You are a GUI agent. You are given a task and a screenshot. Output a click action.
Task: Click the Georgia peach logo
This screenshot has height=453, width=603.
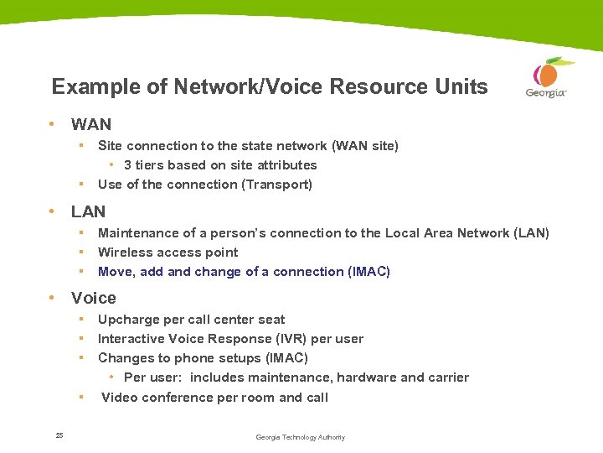pyautogui.click(x=547, y=78)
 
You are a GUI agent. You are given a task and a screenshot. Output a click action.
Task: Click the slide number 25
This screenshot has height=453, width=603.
pyautogui.click(x=59, y=435)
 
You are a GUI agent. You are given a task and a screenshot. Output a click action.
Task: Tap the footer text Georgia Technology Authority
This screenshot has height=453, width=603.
pyautogui.click(x=300, y=437)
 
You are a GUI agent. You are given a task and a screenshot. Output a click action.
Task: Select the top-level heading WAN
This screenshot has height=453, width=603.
pyautogui.click(x=91, y=124)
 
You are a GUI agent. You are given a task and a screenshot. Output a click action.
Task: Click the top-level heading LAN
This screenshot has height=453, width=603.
pyautogui.click(x=89, y=211)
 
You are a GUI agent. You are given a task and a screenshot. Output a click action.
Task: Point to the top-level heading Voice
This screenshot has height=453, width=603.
pyautogui.click(x=94, y=298)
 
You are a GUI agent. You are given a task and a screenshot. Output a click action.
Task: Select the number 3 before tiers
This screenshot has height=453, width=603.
pyautogui.click(x=127, y=165)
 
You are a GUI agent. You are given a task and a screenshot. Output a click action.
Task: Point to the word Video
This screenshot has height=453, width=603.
pyautogui.click(x=119, y=398)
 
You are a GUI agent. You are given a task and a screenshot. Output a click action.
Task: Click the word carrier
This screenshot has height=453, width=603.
pyautogui.click(x=450, y=377)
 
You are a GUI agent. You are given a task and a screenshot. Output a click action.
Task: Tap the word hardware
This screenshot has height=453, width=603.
pyautogui.click(x=366, y=377)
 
